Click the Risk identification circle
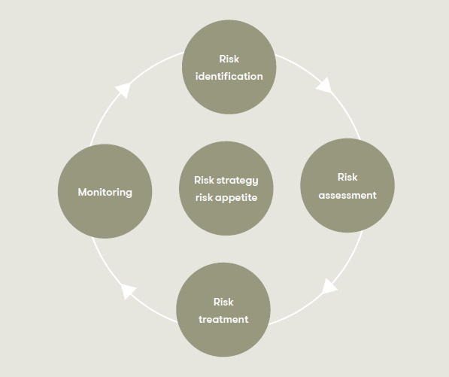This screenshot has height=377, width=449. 229,67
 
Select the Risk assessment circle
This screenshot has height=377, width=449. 347,185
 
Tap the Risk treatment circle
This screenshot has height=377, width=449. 223,310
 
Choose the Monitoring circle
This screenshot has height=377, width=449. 105,191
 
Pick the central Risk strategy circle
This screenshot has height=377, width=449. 226,188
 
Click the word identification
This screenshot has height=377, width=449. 229,77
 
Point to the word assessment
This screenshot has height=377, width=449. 347,196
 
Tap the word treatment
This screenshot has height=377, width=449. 223,319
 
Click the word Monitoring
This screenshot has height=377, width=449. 105,192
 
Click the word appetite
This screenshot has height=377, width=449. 236,198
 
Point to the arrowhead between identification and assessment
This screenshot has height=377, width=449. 324,86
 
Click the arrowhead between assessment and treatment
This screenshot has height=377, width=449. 329,286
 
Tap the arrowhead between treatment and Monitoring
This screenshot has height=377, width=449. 128,291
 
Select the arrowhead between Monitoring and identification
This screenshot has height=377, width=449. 123,90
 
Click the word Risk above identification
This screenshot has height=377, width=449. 229,59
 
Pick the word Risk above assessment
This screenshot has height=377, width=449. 347,178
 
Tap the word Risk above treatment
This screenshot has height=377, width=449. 223,302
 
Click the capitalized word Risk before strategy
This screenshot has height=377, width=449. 204,180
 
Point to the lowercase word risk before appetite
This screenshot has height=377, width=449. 204,197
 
